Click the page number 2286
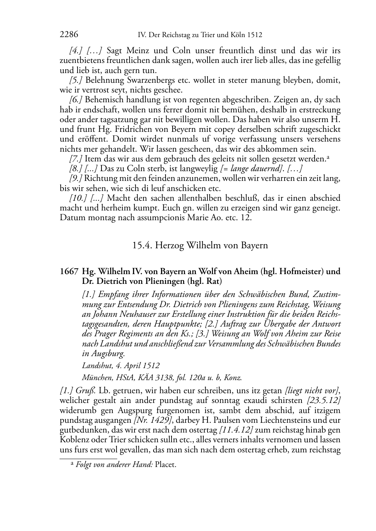pyautogui.click(x=69, y=35)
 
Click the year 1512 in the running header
pyautogui.click(x=255, y=35)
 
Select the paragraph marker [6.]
pyautogui.click(x=76, y=100)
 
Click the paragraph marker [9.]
pyautogui.click(x=76, y=178)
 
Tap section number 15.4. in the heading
pyautogui.click(x=142, y=246)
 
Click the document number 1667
pyautogui.click(x=69, y=271)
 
